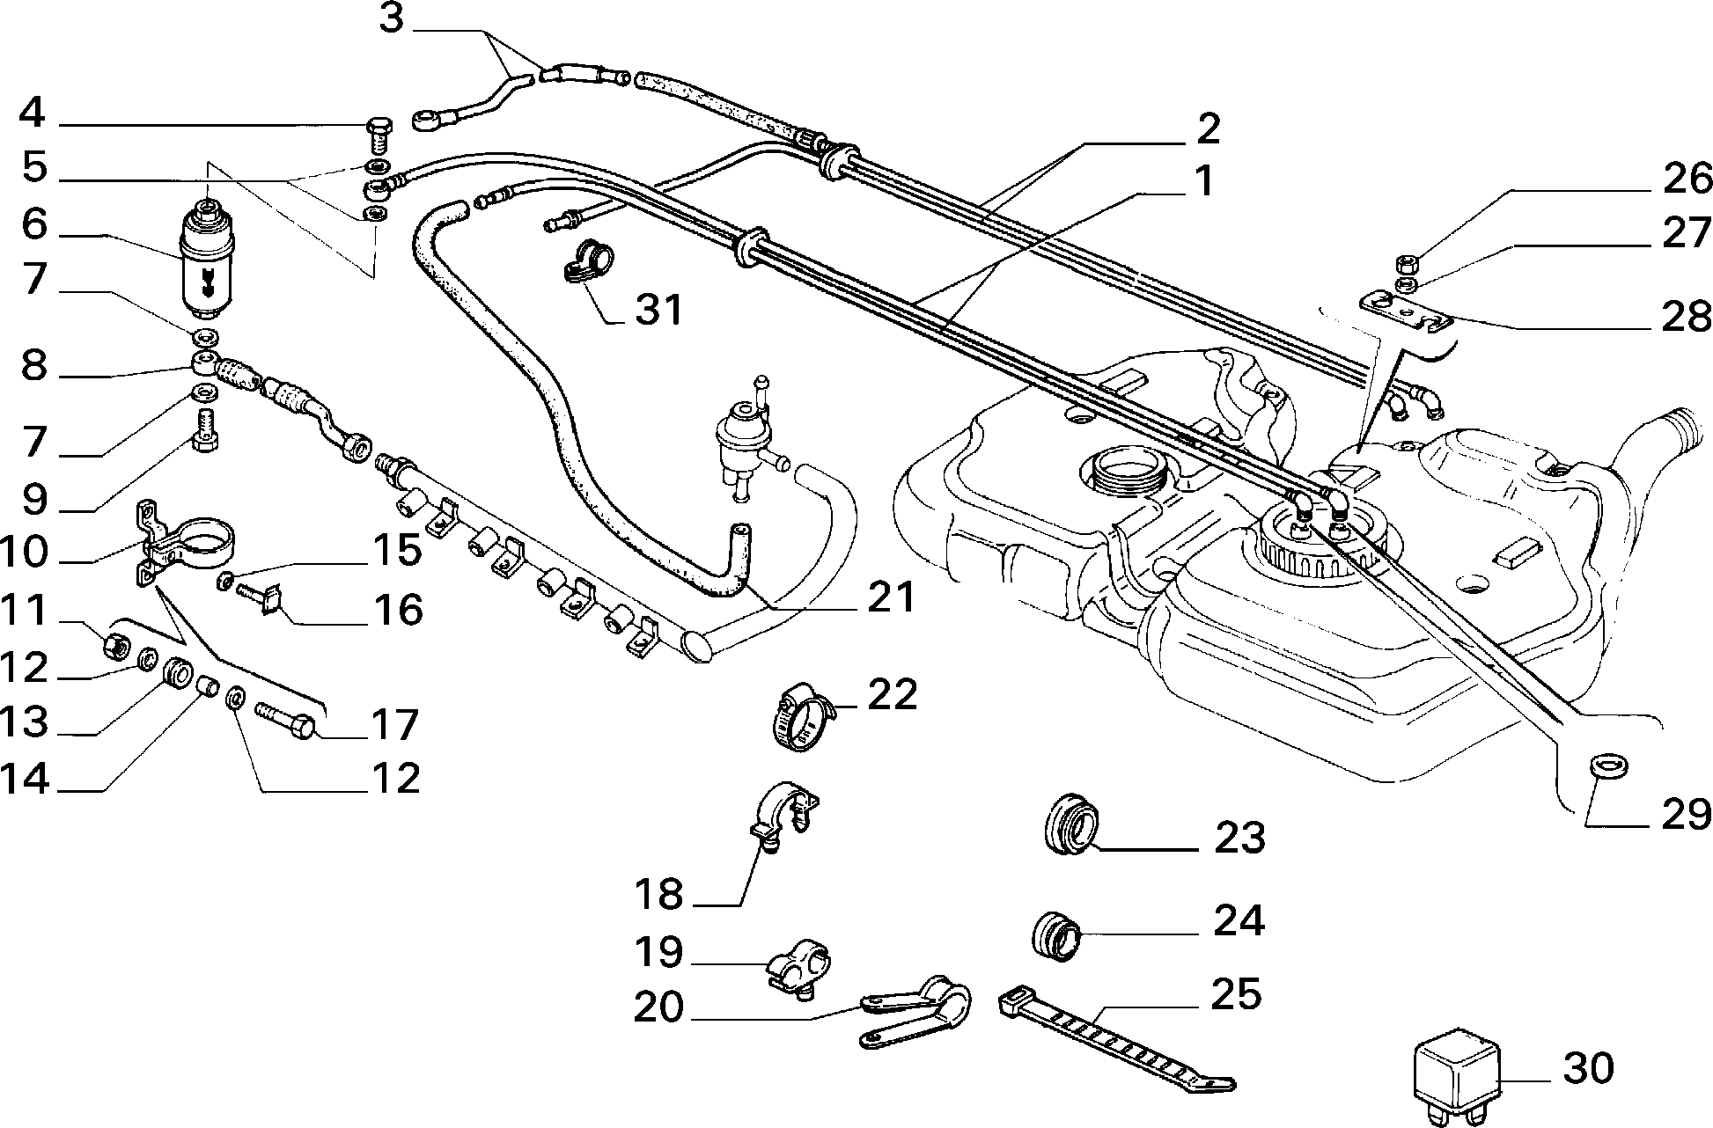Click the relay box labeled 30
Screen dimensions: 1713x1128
coord(1454,1076)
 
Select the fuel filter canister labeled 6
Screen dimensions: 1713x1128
coord(208,260)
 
